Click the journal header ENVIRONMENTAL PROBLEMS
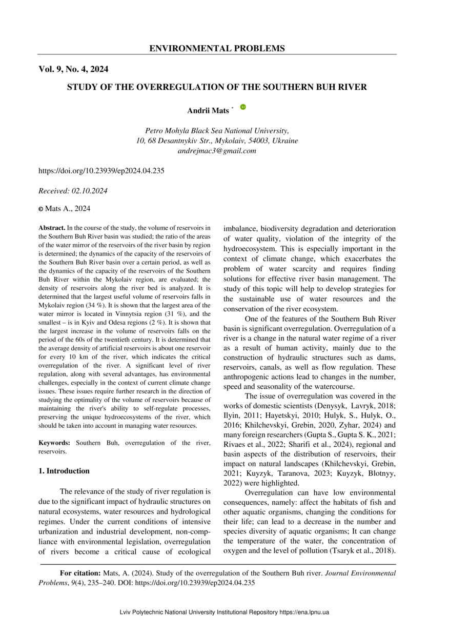pyautogui.click(x=217, y=49)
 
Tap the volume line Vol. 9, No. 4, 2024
pyautogui.click(x=73, y=69)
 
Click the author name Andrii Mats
pyautogui.click(x=208, y=111)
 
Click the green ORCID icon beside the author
pyautogui.click(x=243, y=107)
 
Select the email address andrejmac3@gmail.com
pyautogui.click(x=217, y=151)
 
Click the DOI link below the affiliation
pyautogui.click(x=101, y=170)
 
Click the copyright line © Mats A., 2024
pyautogui.click(x=65, y=208)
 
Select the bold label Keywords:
pyautogui.click(x=55, y=442)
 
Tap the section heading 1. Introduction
pyautogui.click(x=64, y=471)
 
